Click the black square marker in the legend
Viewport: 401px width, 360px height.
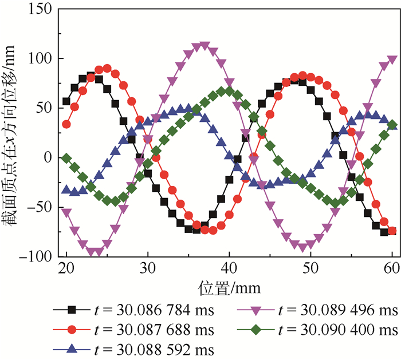coord(72,310)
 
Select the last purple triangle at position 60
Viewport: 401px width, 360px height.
coord(392,60)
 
